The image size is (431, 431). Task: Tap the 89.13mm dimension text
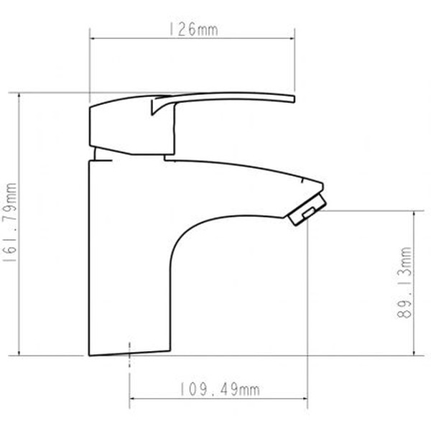[x=407, y=284]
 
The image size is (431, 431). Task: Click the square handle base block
[x=119, y=128]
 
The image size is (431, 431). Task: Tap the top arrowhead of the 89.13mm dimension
[x=414, y=213]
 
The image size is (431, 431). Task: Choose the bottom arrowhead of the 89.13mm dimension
[x=414, y=352]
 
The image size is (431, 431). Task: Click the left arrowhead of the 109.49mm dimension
[x=132, y=399]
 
